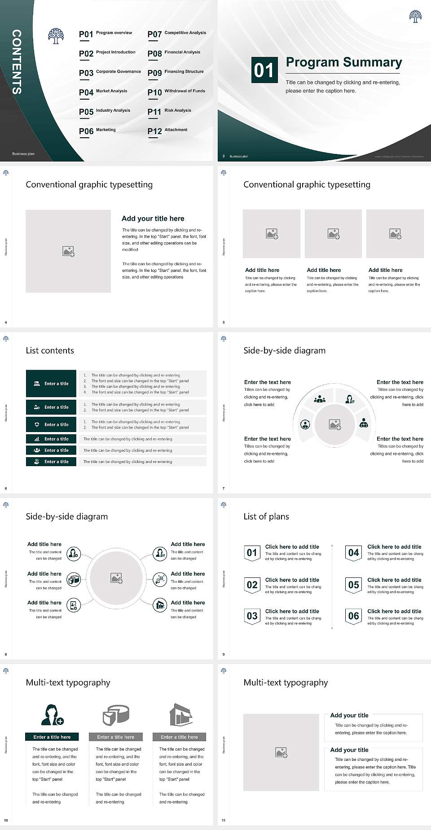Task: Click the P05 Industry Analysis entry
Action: point(104,111)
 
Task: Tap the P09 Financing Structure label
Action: point(176,72)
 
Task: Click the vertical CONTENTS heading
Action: point(17,62)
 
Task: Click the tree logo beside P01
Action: point(56,36)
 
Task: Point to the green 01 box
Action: point(264,70)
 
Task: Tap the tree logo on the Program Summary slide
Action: point(415,17)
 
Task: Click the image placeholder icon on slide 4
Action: point(68,251)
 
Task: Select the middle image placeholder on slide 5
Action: point(333,234)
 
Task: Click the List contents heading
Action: point(50,350)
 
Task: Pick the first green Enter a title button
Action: point(51,384)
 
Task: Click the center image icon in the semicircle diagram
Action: point(335,424)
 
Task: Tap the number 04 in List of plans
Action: point(354,553)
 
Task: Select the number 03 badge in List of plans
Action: point(252,616)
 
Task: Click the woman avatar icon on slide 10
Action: point(52,714)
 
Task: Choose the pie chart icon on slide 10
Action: point(116,714)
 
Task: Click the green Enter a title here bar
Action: point(52,737)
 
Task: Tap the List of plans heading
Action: point(266,516)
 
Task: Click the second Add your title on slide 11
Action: point(349,750)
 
